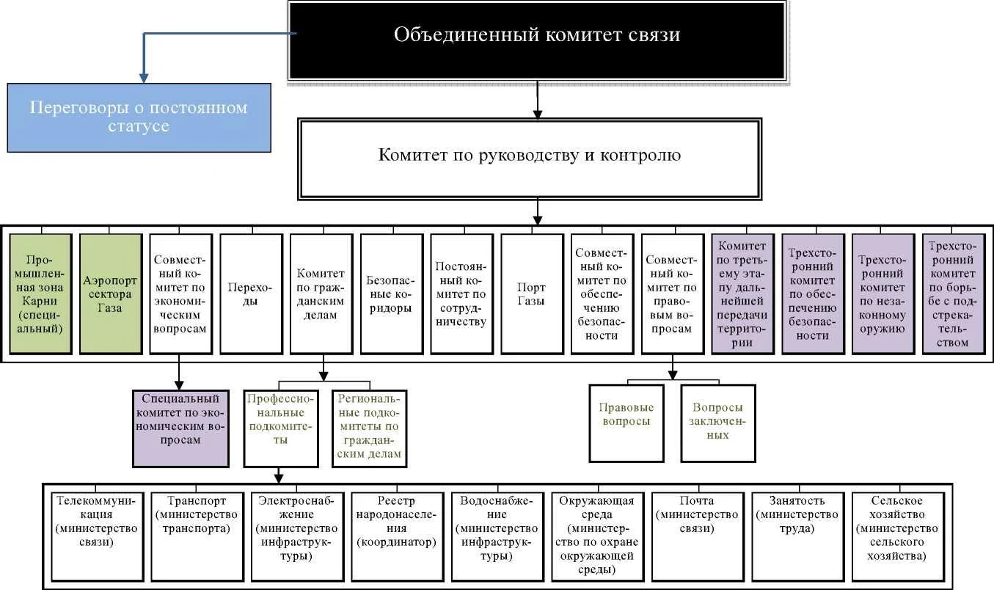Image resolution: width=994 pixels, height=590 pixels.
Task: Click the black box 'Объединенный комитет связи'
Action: coord(537,40)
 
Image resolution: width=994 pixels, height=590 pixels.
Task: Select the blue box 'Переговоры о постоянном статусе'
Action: coord(139,117)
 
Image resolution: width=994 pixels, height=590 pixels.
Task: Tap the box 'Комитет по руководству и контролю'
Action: coord(530,159)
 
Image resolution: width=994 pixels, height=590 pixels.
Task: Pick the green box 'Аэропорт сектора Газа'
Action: coord(111,294)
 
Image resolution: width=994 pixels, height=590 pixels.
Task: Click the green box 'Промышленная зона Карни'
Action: coord(40,294)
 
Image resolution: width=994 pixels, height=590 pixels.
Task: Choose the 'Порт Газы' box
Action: coord(532,294)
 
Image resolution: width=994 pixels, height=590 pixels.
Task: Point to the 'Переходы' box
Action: coord(251,294)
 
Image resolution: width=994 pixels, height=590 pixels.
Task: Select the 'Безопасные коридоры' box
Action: coord(392,294)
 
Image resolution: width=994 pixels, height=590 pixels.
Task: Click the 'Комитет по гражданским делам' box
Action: coord(321,294)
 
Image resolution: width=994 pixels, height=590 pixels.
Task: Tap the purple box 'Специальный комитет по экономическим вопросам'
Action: coord(180,429)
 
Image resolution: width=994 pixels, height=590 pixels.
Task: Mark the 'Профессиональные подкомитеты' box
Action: coord(281,429)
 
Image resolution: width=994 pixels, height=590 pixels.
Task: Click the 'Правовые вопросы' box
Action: coord(626,423)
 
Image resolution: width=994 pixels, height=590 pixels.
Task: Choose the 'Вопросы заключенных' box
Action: coord(718,423)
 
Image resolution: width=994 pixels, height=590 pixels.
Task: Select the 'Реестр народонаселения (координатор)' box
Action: coord(397,536)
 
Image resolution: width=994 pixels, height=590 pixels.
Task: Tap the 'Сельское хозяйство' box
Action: coord(898,536)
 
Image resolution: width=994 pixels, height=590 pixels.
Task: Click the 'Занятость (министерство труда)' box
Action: coord(798,536)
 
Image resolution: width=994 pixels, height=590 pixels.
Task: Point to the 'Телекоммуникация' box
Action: coord(97,536)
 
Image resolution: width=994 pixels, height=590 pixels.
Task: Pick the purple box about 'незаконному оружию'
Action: coord(883,294)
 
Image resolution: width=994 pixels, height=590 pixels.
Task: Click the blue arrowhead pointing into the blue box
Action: coord(144,78)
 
